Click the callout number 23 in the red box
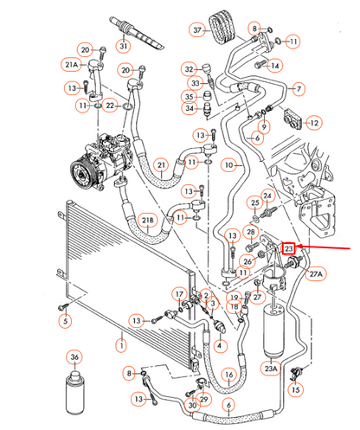point(290,247)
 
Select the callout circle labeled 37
point(197,31)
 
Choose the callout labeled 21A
point(70,65)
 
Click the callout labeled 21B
point(148,222)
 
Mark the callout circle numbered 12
point(314,123)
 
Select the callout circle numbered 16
point(228,375)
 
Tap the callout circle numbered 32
point(190,68)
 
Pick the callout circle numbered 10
point(229,164)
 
